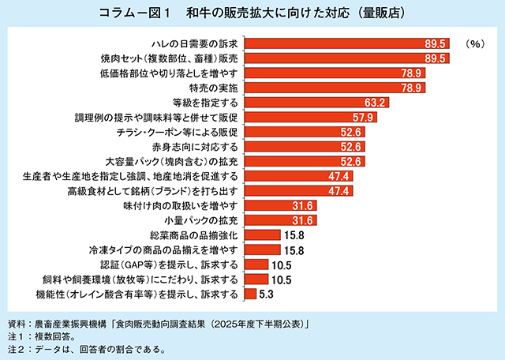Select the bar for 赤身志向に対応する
[292, 147]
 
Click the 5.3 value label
[266, 294]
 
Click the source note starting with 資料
[158, 324]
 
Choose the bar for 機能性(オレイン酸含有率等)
[249, 294]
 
